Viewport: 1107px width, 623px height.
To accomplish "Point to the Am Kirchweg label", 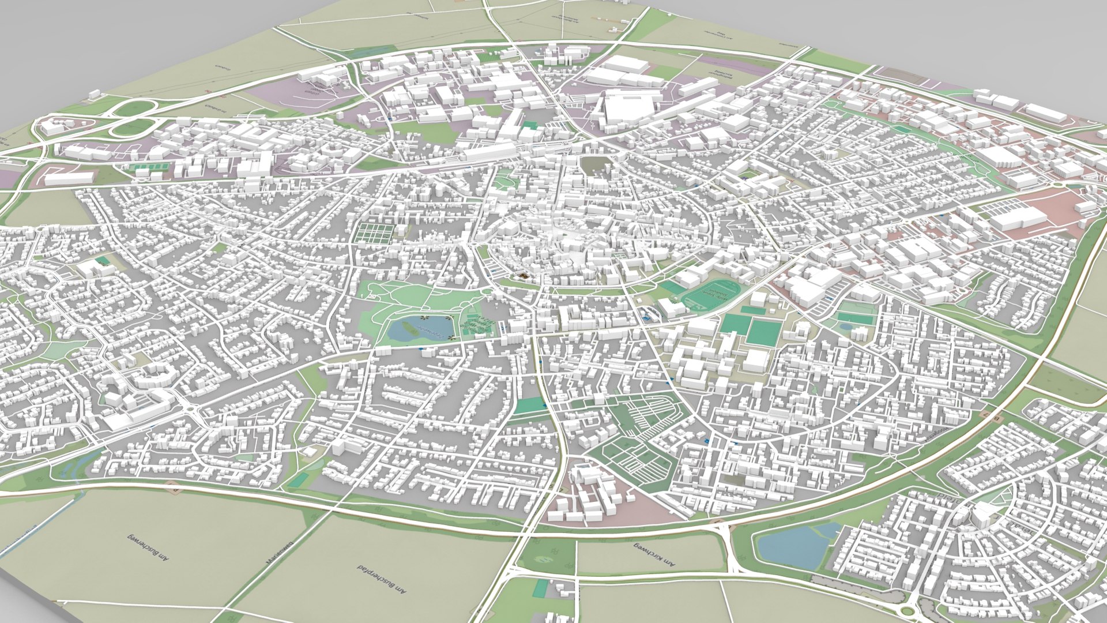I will click(x=655, y=555).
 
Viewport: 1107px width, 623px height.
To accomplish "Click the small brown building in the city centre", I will click(x=523, y=277).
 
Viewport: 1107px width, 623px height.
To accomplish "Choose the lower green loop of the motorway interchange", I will click(x=131, y=127).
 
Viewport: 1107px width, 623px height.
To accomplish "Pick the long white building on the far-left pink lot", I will click(x=69, y=178).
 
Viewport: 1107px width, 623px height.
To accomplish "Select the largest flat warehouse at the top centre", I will click(x=630, y=107).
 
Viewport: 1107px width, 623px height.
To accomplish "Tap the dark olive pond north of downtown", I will click(x=594, y=166).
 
